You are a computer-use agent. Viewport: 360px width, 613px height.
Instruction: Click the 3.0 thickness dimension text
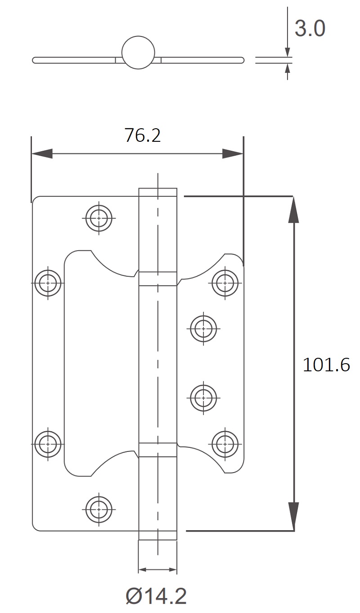pyautogui.click(x=310, y=29)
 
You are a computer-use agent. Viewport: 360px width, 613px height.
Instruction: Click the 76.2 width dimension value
pyautogui.click(x=142, y=135)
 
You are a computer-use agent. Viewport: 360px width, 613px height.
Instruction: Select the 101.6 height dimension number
pyautogui.click(x=326, y=365)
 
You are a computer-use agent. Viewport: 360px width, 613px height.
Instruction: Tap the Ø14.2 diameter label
pyautogui.click(x=156, y=597)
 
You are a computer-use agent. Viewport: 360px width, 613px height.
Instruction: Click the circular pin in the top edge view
pyautogui.click(x=138, y=52)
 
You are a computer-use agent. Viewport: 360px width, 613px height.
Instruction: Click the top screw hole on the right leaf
pyautogui.click(x=225, y=283)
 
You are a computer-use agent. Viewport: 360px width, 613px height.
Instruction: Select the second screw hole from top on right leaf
pyautogui.click(x=203, y=329)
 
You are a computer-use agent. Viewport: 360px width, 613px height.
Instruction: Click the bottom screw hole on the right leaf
pyautogui.click(x=225, y=443)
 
